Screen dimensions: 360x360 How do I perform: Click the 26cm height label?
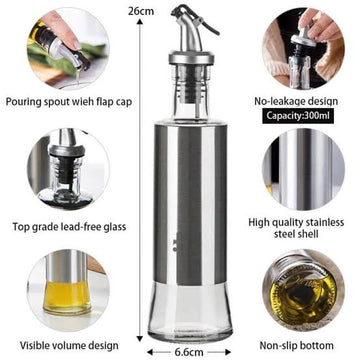pos(141,11)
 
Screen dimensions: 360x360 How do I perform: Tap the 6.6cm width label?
pos(189,352)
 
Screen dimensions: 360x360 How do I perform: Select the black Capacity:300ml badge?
pos(298,115)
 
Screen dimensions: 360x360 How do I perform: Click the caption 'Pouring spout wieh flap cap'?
pos(69,102)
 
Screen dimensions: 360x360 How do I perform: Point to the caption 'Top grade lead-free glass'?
pos(69,227)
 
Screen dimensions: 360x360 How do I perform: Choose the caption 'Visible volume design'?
pos(69,345)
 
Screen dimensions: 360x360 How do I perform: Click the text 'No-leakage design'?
pos(296,101)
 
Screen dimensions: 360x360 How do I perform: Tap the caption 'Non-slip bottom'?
pos(296,345)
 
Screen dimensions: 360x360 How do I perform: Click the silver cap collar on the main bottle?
pos(191,58)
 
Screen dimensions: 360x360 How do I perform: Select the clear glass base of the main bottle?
pos(190,312)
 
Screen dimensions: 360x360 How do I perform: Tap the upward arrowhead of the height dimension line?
pos(140,22)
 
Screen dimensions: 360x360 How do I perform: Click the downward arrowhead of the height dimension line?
pos(140,338)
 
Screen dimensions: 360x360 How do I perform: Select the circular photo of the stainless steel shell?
pos(303,169)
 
